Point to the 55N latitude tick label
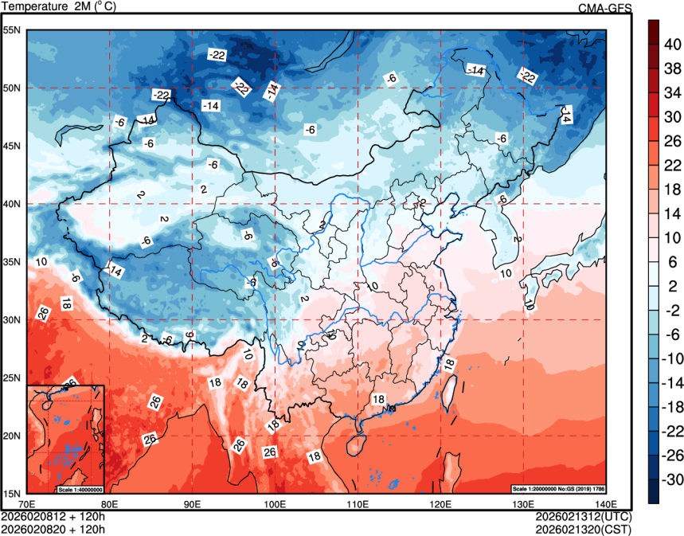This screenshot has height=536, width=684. pyautogui.click(x=13, y=30)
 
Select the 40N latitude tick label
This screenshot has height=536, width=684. pyautogui.click(x=13, y=204)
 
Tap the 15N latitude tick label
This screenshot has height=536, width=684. pyautogui.click(x=13, y=493)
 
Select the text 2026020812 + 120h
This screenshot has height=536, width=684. pyautogui.click(x=54, y=515)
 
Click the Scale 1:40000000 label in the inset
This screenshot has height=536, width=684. pyautogui.click(x=80, y=488)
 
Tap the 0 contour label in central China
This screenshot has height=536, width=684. pyautogui.click(x=372, y=285)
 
